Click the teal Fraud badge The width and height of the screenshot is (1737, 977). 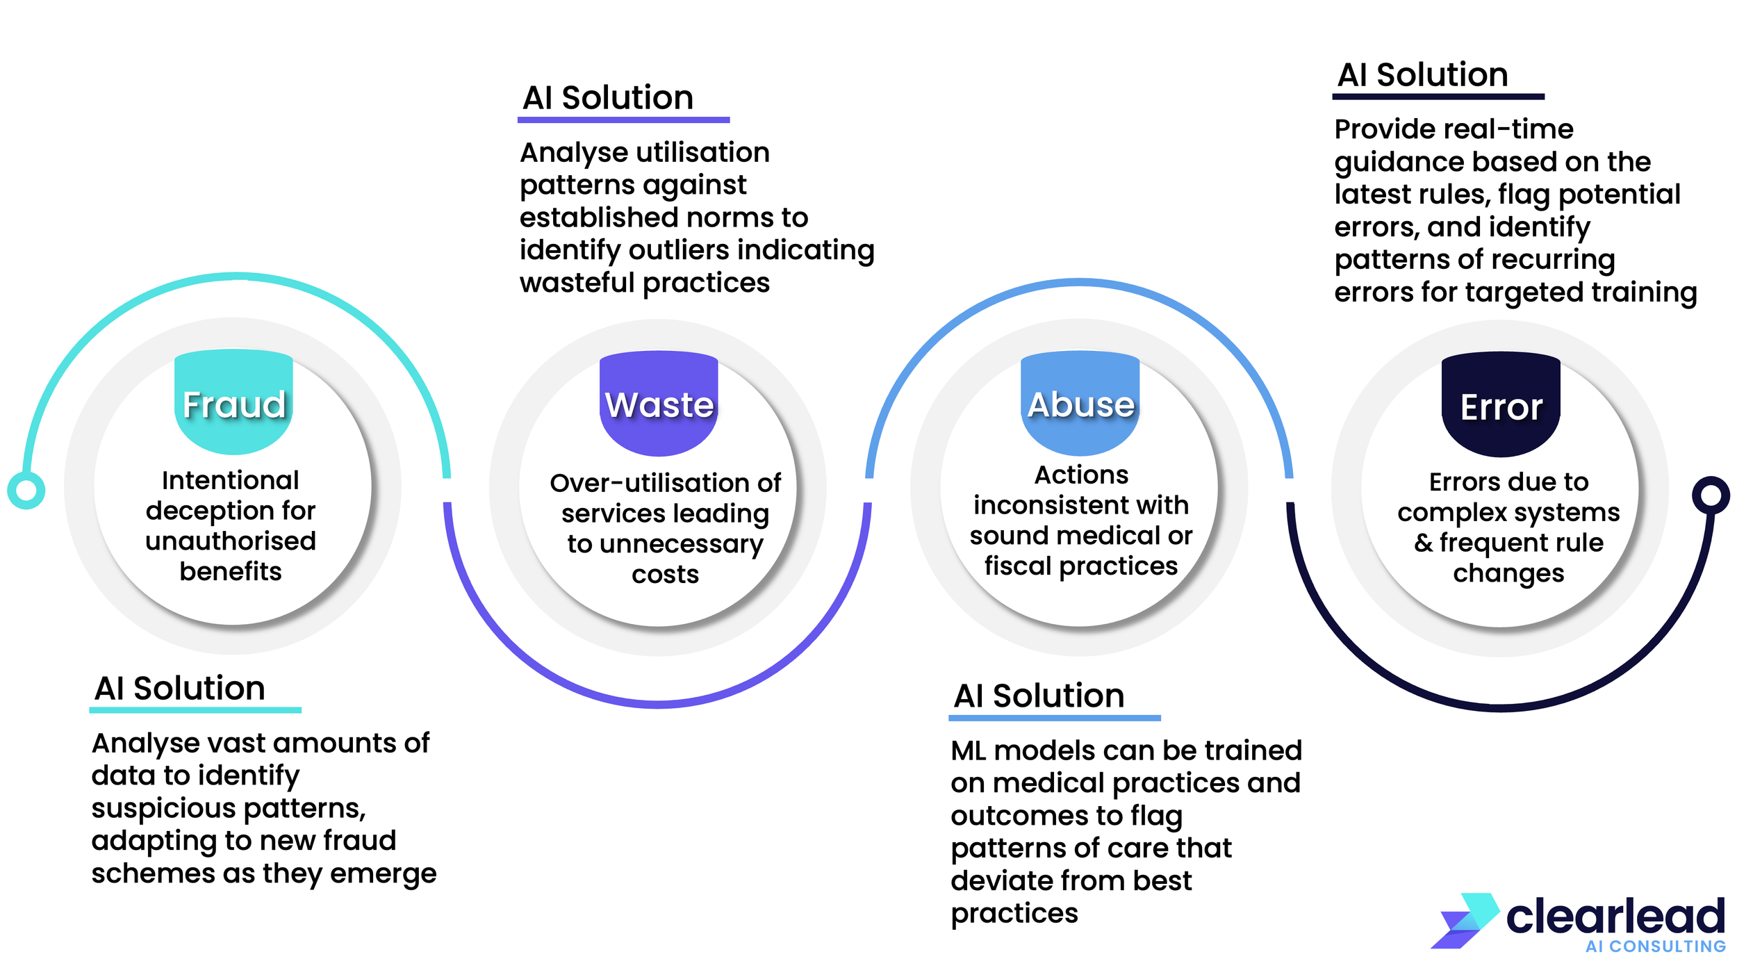[x=233, y=402]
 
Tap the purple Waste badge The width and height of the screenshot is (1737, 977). [x=659, y=403]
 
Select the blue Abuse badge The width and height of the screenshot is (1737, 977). [x=1080, y=403]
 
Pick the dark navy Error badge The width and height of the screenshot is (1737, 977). [x=1501, y=404]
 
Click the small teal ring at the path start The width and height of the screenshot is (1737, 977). [x=26, y=491]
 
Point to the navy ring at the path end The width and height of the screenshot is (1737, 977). [x=1711, y=495]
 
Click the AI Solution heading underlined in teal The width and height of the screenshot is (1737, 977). [x=180, y=688]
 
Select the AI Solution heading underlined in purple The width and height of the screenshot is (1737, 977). [x=608, y=97]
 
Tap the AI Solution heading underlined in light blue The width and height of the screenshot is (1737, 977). [x=1039, y=696]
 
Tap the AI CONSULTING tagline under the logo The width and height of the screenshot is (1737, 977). [x=1655, y=946]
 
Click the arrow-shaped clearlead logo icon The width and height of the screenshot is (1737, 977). [x=1465, y=921]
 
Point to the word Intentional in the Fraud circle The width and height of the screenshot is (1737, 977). [x=231, y=480]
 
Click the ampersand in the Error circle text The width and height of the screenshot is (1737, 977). [x=1424, y=543]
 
